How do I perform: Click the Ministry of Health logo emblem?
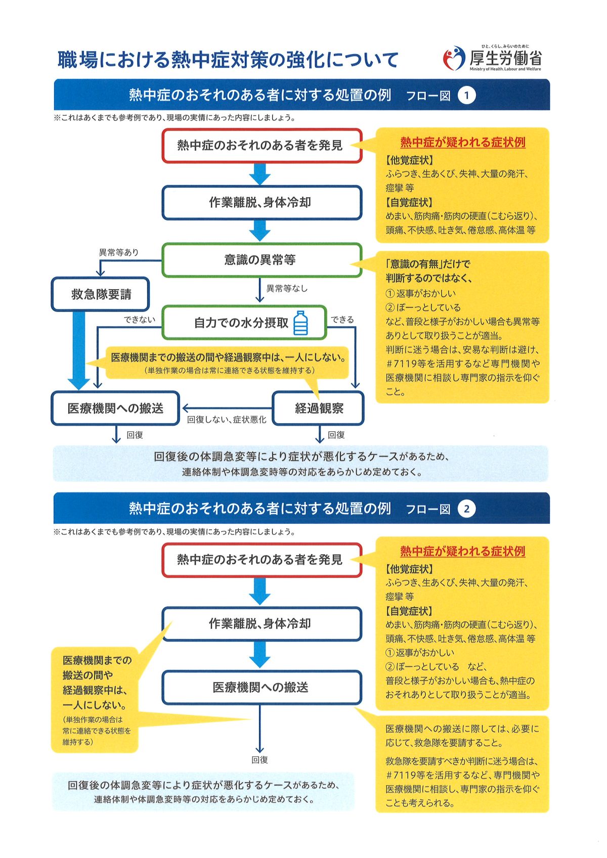point(454,58)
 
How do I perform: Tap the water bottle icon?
point(300,323)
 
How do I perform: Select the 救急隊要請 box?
point(100,294)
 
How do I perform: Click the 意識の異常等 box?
point(262,260)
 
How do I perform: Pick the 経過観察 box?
point(319,409)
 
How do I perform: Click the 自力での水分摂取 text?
point(241,323)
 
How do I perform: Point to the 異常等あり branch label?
point(119,252)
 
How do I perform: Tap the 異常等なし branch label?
point(287,288)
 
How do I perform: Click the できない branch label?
point(140,320)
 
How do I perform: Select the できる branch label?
point(342,320)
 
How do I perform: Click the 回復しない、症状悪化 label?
point(227,420)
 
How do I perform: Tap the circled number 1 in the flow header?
point(466,96)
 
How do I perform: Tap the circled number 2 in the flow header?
point(466,509)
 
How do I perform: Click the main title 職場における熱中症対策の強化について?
point(228,60)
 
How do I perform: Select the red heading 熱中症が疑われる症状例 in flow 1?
point(462,143)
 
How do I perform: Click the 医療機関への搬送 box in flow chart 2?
point(262,687)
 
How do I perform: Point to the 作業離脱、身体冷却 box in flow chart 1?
point(262,203)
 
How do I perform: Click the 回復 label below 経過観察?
point(336,435)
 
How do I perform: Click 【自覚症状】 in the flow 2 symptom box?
point(409,611)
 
